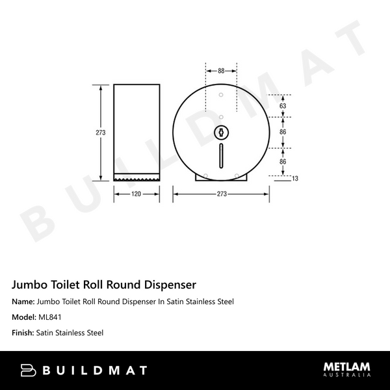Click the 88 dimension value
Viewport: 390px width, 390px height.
(221, 71)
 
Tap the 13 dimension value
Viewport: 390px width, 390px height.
(294, 178)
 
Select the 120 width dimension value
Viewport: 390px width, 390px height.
(136, 193)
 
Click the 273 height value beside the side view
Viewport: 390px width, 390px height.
(99, 132)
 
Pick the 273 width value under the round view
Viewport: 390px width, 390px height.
(221, 193)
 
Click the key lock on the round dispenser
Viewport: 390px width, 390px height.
(221, 133)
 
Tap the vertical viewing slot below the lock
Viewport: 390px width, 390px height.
(221, 154)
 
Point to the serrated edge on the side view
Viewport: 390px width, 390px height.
(136, 177)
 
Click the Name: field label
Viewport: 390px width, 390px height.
(23, 302)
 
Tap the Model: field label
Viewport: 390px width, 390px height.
(24, 318)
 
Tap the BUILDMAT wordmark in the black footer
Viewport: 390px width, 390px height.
(95, 370)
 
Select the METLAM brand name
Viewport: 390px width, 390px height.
(347, 367)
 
